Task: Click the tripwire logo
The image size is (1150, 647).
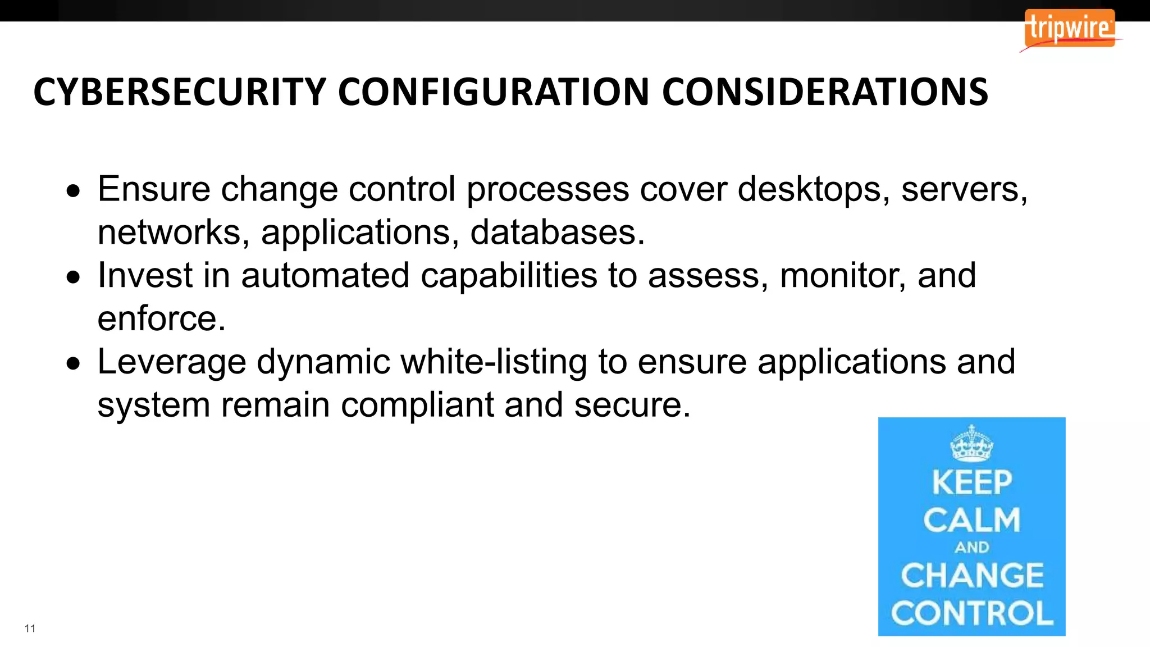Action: (x=1069, y=28)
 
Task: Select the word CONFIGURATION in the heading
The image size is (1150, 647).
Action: (x=494, y=92)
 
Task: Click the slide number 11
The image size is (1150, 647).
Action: (x=30, y=628)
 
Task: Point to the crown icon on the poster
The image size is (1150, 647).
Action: (x=971, y=443)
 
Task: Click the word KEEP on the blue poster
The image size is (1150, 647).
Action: (x=971, y=482)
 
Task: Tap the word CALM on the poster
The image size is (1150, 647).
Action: (x=971, y=520)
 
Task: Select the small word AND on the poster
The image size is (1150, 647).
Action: (x=971, y=547)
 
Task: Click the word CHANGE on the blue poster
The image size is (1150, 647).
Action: (x=971, y=575)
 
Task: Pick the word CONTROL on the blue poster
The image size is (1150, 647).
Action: (x=971, y=613)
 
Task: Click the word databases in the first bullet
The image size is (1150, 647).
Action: (x=557, y=232)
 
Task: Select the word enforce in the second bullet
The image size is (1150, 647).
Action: (x=161, y=318)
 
